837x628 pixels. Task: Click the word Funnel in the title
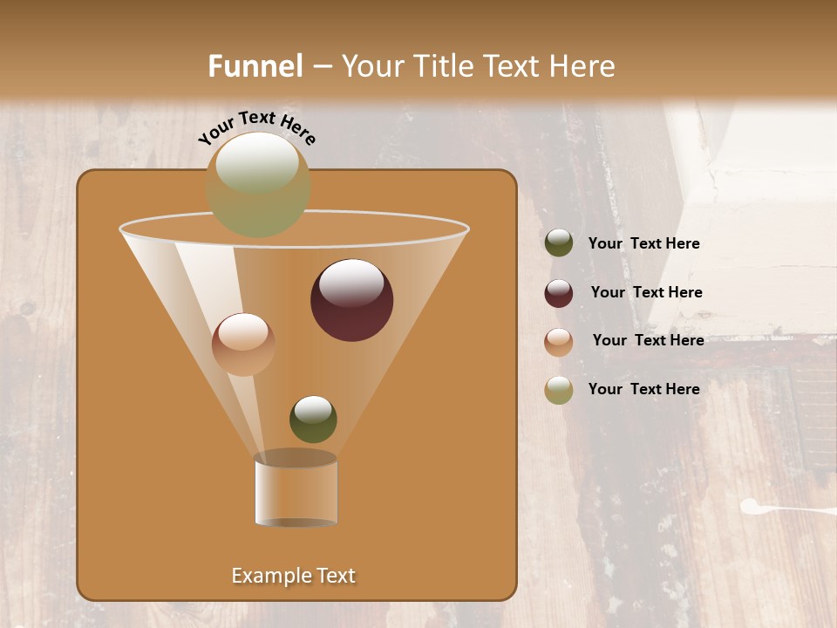pos(255,66)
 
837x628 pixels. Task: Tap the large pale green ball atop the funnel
pos(258,184)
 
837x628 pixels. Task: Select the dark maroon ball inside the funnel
pos(352,300)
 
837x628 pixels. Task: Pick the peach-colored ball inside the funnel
pos(243,345)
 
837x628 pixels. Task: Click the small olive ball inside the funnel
pos(313,419)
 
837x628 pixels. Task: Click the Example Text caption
pos(294,576)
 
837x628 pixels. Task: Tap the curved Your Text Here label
pos(256,127)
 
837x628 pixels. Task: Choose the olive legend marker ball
pos(559,243)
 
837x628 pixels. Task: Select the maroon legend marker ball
pos(559,293)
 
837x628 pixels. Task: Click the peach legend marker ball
pos(559,342)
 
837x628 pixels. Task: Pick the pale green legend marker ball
pos(559,390)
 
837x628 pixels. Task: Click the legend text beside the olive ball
pos(643,243)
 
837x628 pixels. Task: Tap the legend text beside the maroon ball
pos(646,292)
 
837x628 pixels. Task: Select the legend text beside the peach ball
pos(648,340)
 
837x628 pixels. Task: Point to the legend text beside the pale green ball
pos(643,389)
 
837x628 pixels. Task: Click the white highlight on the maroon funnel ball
pos(352,283)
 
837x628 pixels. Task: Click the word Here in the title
pos(584,66)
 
